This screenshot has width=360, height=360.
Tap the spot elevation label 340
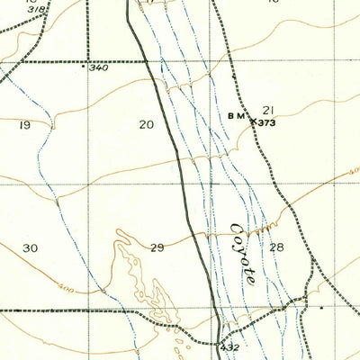[x=98, y=67]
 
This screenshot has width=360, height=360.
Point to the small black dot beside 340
[x=84, y=66]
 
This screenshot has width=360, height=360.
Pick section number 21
[x=267, y=110]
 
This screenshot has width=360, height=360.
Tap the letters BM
[x=236, y=115]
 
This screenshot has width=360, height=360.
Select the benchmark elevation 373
[x=266, y=121]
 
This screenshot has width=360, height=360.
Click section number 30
[x=31, y=247]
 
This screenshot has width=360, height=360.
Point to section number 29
[x=157, y=247]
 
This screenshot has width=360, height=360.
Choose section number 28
[x=275, y=247]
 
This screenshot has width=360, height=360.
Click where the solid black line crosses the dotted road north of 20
[x=147, y=61]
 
